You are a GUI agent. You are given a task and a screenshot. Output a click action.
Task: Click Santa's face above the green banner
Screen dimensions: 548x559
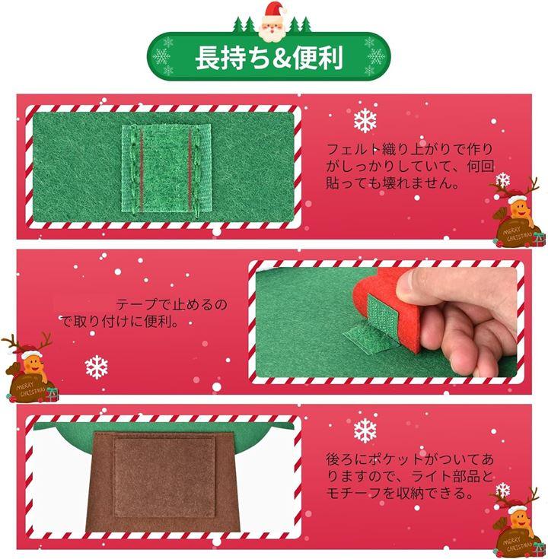pyautogui.click(x=274, y=27)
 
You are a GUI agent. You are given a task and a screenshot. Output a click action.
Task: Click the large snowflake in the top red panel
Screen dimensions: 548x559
pyautogui.click(x=365, y=120)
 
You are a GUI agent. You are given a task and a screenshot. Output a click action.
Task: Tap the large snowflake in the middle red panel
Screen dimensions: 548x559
pyautogui.click(x=97, y=367)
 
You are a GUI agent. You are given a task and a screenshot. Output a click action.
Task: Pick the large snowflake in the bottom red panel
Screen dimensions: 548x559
pyautogui.click(x=365, y=431)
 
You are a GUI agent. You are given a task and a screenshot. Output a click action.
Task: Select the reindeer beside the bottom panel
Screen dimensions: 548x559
pyautogui.click(x=518, y=522)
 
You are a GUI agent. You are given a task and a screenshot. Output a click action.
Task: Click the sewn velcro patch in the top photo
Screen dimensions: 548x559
pyautogui.click(x=166, y=168)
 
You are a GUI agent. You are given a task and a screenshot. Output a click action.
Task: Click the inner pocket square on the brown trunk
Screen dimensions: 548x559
pyautogui.click(x=164, y=477)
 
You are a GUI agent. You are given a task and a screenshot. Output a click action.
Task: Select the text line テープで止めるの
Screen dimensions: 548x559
pyautogui.click(x=171, y=305)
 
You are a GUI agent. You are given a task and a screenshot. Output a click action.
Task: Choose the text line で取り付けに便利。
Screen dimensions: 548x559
pyautogui.click(x=120, y=322)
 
